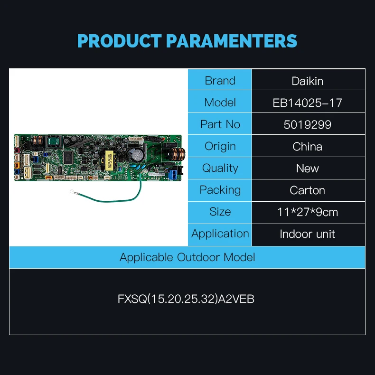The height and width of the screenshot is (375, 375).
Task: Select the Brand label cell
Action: pyautogui.click(x=220, y=81)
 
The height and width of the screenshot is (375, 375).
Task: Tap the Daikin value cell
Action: pyautogui.click(x=308, y=81)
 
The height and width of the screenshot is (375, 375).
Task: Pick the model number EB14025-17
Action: pyautogui.click(x=308, y=103)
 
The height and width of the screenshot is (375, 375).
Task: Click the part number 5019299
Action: pyautogui.click(x=308, y=124)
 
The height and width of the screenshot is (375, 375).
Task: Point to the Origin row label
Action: pyautogui.click(x=220, y=146)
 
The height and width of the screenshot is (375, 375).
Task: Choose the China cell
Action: pyautogui.click(x=308, y=146)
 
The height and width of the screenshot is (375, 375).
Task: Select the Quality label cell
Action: pyautogui.click(x=220, y=168)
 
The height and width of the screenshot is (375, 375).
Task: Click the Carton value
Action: pyautogui.click(x=308, y=190)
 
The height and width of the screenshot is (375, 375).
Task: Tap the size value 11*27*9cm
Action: pyautogui.click(x=308, y=212)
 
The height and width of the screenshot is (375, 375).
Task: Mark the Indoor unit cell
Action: pyautogui.click(x=308, y=234)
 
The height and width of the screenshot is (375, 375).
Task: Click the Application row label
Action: pyautogui.click(x=220, y=234)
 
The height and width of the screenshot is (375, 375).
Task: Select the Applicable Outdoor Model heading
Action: pyautogui.click(x=187, y=257)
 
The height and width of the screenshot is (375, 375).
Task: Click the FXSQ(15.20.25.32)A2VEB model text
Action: pyautogui.click(x=186, y=300)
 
